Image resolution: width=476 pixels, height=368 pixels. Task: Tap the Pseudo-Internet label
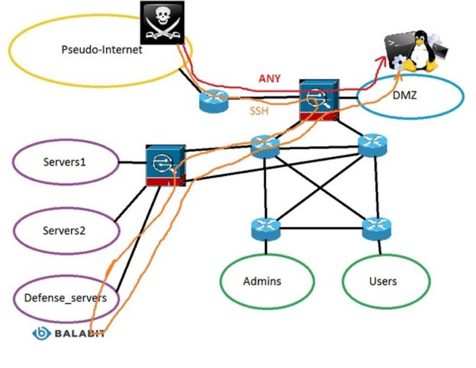tap(102, 50)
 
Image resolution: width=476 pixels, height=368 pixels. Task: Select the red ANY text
tap(270, 78)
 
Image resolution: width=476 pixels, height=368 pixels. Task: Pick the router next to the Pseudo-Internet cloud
tap(214, 102)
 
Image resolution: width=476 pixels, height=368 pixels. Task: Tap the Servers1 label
tap(65, 161)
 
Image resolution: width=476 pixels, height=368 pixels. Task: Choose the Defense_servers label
tap(65, 298)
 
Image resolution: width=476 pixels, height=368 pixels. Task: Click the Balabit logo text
tap(77, 334)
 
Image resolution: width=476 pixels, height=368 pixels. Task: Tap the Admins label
tap(262, 281)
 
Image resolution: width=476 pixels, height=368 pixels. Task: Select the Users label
tap(383, 281)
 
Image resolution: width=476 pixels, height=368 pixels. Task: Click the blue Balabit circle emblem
tap(40, 334)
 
